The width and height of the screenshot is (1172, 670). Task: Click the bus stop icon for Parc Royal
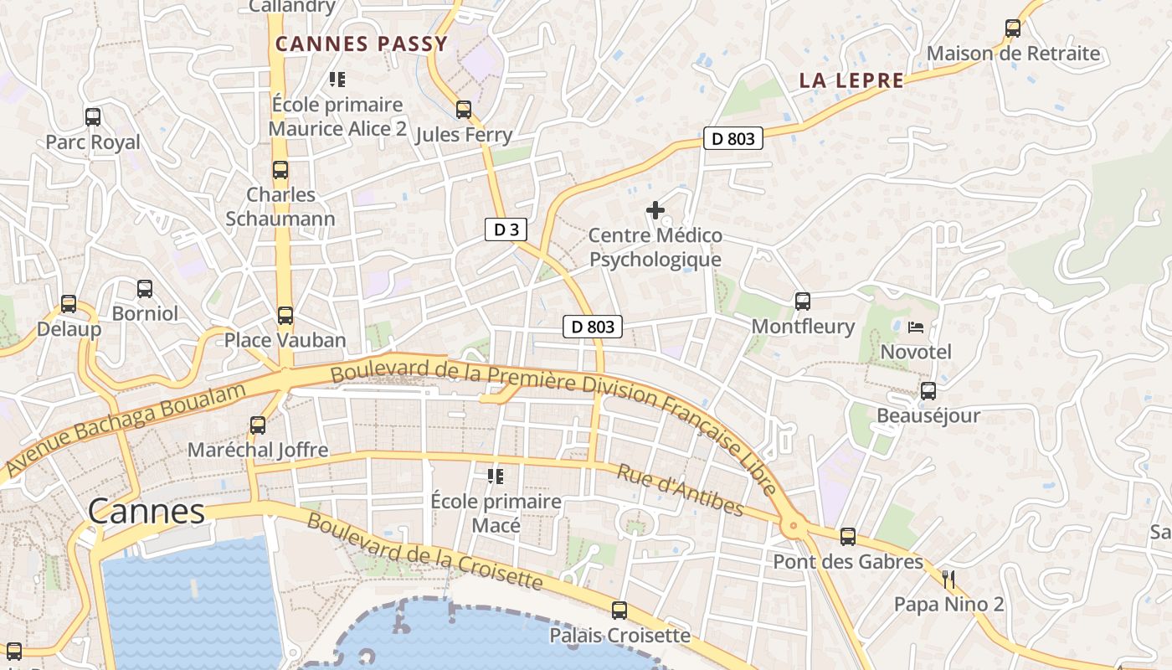93,117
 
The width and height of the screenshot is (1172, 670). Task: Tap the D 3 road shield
506,229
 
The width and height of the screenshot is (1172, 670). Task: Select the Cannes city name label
146,511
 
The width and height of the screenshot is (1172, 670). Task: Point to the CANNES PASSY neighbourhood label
362,44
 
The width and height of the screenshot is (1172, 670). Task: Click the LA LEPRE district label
851,80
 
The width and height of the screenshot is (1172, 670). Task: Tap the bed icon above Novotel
916,327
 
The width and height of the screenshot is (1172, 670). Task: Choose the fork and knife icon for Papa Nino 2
948,579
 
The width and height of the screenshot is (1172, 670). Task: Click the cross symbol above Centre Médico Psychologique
655,210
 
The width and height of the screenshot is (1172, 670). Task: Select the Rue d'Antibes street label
680,489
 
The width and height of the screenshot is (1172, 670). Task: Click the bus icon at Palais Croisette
619,611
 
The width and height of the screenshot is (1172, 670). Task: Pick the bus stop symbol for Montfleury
803,301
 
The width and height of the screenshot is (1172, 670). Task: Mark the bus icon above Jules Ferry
464,110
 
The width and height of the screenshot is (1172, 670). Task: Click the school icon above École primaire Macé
496,477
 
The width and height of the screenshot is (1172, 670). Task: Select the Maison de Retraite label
1013,54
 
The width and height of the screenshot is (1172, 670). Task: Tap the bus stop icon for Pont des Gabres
848,537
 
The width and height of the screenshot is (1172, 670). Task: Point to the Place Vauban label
285,340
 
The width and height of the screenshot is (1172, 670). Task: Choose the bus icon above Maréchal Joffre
258,425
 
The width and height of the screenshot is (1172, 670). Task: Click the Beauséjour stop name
928,415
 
